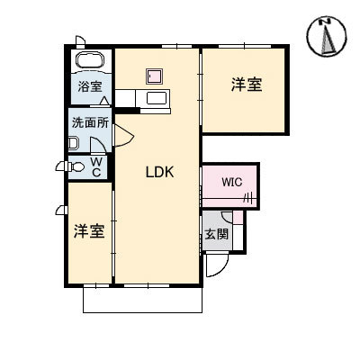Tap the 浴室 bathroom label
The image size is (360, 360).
89,87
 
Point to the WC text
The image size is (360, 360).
95,166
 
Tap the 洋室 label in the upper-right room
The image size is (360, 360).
246,85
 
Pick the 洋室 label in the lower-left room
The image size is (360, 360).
89,230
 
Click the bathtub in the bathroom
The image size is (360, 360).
90,62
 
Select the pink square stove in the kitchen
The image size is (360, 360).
154,76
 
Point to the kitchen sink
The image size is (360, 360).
157,99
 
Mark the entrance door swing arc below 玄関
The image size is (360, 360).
216,263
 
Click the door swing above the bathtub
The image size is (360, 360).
80,41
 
